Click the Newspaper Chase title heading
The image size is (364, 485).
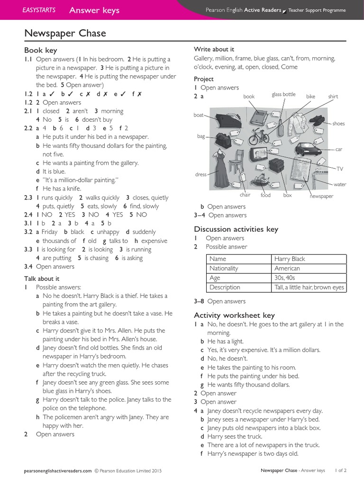coord(65,33)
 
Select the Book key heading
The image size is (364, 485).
coord(40,50)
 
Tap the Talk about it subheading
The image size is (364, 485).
coord(42,278)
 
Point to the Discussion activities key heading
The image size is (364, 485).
coord(236,229)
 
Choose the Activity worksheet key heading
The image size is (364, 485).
coord(234,315)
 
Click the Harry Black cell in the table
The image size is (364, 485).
coord(290,259)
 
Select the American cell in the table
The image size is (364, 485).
coord(287,269)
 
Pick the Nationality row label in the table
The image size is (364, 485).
coord(224,269)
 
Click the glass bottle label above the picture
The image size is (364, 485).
coord(283,95)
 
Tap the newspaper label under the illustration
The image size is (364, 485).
coord(321,196)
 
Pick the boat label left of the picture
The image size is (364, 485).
coord(199,115)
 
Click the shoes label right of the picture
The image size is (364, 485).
coord(338,124)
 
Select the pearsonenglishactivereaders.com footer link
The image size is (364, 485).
coord(57,471)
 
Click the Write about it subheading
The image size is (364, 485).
coord(214,49)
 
